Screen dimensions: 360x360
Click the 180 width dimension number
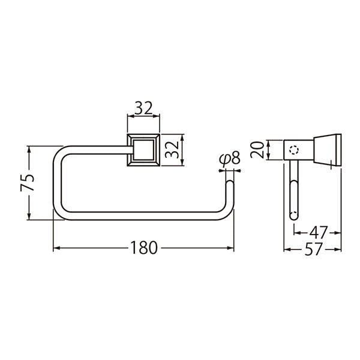[x=144, y=248]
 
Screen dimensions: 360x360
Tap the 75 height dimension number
[x=28, y=183]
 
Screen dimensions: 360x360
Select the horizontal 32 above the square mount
[x=143, y=108]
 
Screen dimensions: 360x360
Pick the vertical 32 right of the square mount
[x=172, y=149]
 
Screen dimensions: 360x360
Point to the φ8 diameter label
[x=230, y=159]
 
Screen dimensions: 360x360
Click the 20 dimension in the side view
[x=257, y=149]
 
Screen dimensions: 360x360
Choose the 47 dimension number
[x=318, y=233]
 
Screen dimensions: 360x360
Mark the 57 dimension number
[x=314, y=250]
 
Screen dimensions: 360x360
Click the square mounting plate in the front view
[x=143, y=149]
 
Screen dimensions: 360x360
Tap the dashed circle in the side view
[x=294, y=150]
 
